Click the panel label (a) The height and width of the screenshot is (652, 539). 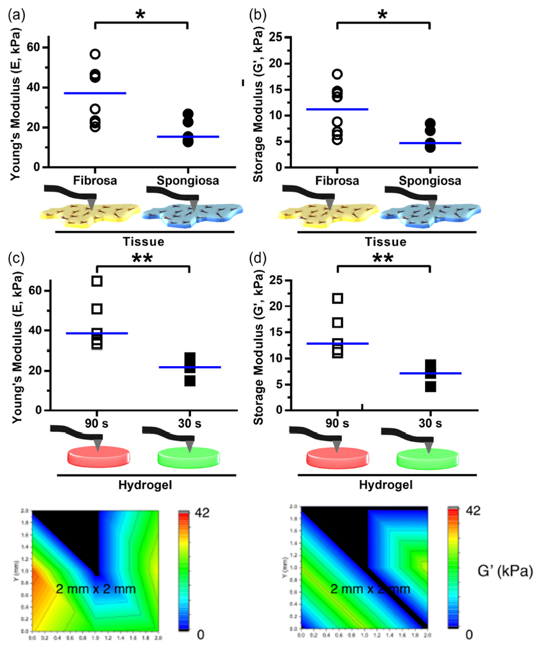[x=13, y=13]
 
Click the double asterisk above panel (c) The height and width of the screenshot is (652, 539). [x=142, y=259]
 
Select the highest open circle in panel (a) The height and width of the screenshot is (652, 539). [x=95, y=54]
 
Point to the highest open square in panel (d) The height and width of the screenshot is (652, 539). [x=337, y=298]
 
